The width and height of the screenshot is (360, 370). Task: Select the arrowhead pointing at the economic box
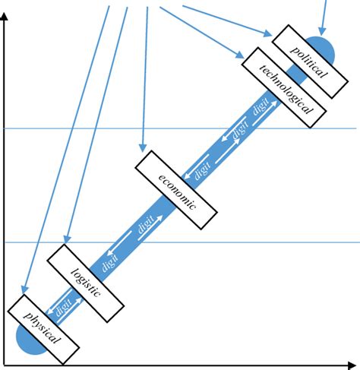(x=142, y=144)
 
